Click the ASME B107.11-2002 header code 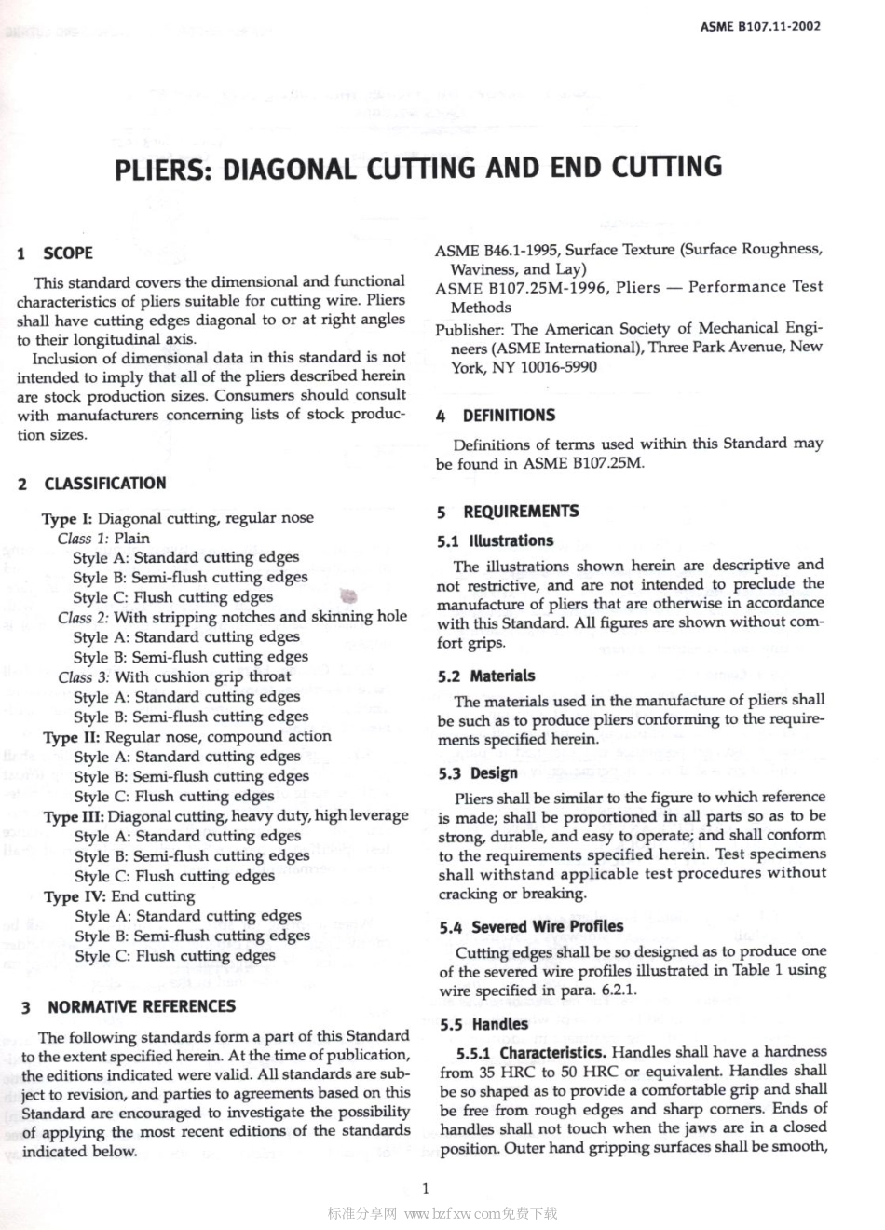(x=760, y=26)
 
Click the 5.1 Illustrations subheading (x=496, y=540)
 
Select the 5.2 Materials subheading (x=487, y=676)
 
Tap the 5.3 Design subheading (x=479, y=772)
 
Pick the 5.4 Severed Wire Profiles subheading (x=531, y=926)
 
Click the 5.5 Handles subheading (x=484, y=1024)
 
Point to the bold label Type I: (x=67, y=518)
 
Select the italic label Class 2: (x=83, y=617)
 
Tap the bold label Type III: (x=74, y=816)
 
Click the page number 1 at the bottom (x=425, y=1188)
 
